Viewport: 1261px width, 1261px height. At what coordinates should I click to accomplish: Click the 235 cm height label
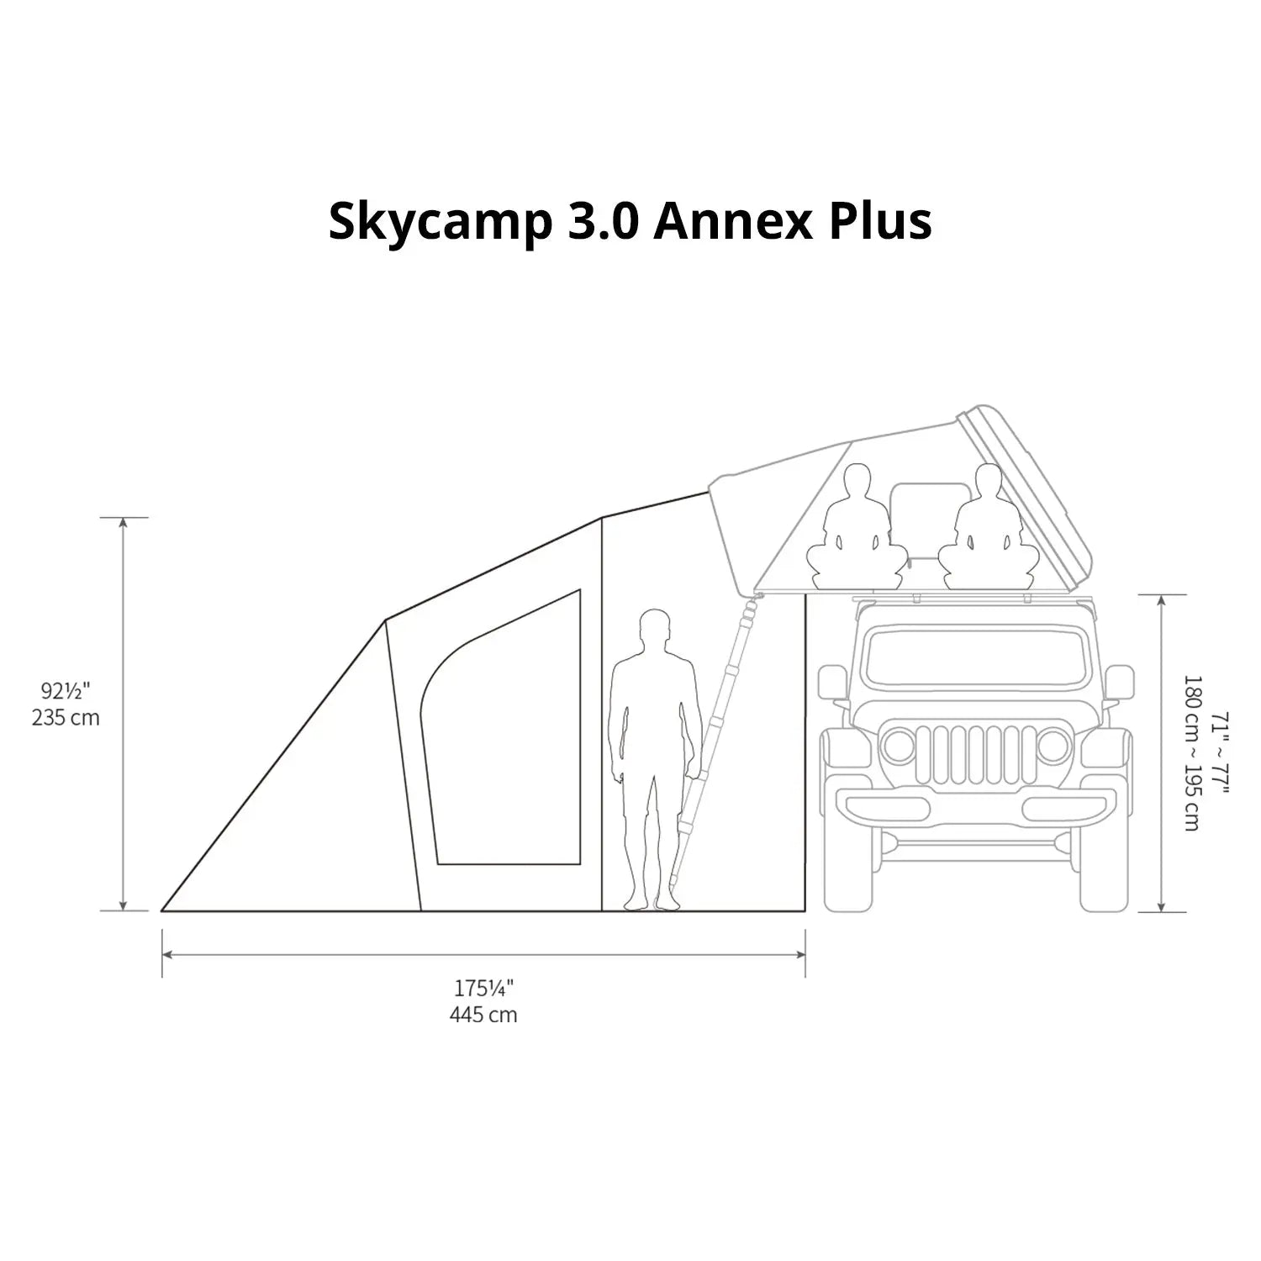[66, 718]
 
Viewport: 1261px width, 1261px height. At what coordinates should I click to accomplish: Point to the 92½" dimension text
[66, 691]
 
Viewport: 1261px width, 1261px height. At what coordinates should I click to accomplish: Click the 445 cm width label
[483, 1015]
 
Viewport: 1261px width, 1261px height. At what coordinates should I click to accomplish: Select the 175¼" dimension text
[483, 988]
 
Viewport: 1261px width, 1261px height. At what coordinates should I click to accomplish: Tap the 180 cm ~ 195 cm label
[1190, 753]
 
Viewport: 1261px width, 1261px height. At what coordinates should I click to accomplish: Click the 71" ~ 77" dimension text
[1219, 753]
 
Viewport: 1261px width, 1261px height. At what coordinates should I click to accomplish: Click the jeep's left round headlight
[898, 746]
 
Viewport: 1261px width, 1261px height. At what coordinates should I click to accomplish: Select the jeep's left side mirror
[831, 682]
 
